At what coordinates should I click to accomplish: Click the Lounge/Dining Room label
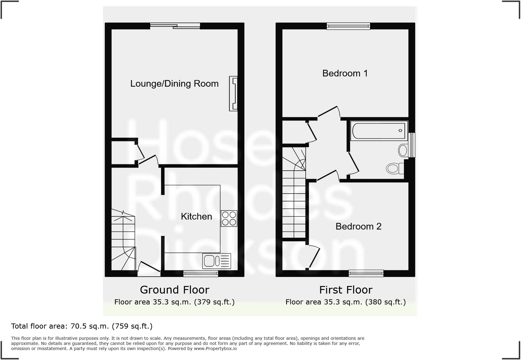(x=174, y=84)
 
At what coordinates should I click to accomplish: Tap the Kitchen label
(x=196, y=217)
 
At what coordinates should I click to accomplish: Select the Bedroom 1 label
(x=345, y=73)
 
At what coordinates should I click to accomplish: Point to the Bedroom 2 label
(x=358, y=227)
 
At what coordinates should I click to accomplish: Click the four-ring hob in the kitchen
(x=229, y=218)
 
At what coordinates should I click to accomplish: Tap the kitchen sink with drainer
(x=217, y=261)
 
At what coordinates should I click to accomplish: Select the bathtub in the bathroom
(x=379, y=131)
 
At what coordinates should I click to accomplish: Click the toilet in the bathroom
(x=395, y=168)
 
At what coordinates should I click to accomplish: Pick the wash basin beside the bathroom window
(x=403, y=150)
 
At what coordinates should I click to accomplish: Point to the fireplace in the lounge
(x=234, y=94)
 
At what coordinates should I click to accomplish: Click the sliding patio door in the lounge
(x=175, y=26)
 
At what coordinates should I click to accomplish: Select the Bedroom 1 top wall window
(x=348, y=26)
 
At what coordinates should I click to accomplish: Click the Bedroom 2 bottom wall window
(x=366, y=273)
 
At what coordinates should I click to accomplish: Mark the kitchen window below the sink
(x=201, y=274)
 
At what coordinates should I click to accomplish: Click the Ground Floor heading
(x=175, y=290)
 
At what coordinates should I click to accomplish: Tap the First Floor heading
(x=346, y=290)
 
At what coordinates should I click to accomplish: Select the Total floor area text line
(x=82, y=326)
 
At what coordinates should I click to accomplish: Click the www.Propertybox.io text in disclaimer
(x=215, y=349)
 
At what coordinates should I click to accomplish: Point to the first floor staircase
(x=294, y=199)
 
